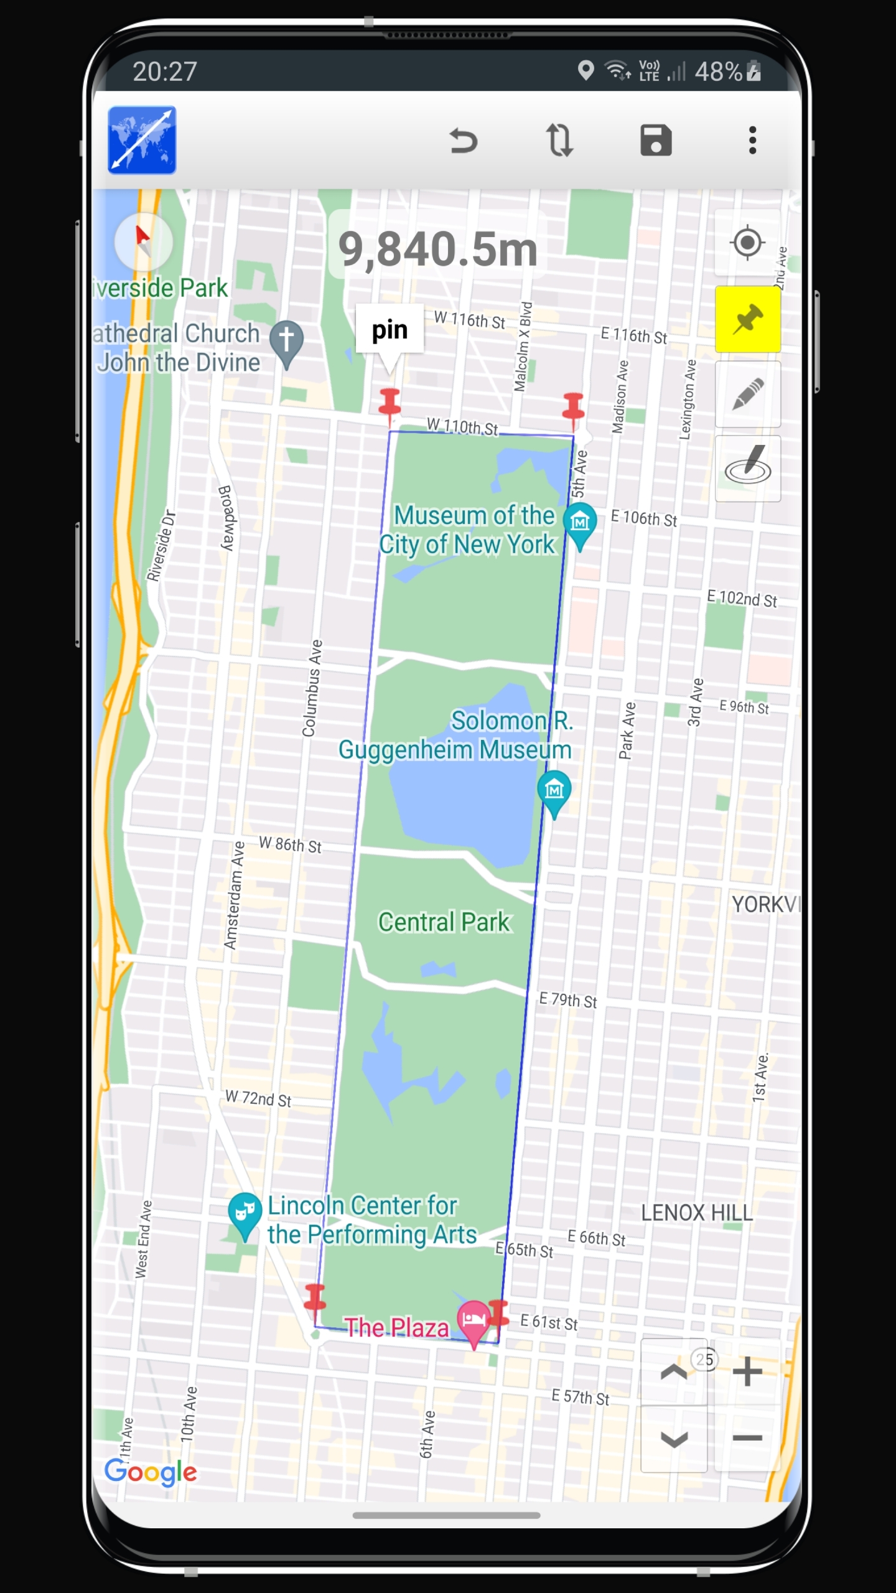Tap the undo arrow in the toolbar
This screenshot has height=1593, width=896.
(x=464, y=141)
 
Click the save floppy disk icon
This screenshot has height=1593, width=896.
(x=656, y=141)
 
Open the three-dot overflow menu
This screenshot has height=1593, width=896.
(x=752, y=141)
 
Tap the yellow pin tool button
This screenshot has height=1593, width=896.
(x=747, y=319)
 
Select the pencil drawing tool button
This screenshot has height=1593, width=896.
(x=747, y=394)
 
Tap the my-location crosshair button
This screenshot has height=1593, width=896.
(x=747, y=243)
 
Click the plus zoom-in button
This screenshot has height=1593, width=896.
(x=747, y=1371)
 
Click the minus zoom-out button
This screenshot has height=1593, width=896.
(x=747, y=1438)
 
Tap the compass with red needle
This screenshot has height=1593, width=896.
(x=144, y=241)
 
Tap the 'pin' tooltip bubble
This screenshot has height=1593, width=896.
(x=390, y=330)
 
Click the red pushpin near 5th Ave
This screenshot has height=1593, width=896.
(x=572, y=408)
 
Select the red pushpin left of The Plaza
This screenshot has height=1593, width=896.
(x=315, y=1298)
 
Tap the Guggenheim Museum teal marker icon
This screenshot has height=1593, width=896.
(x=554, y=791)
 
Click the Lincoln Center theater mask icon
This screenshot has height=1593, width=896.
(x=245, y=1212)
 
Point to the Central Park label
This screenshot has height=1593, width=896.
(x=444, y=922)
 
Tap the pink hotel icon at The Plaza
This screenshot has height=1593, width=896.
(x=474, y=1319)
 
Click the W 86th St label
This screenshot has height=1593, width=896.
(x=290, y=844)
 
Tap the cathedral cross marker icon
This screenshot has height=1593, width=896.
(x=286, y=340)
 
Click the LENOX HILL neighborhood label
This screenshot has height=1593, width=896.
(x=697, y=1212)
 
